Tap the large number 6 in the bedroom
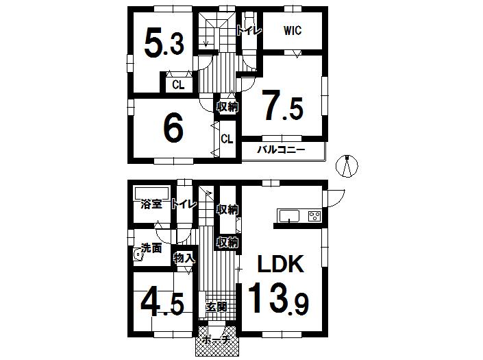[172, 128]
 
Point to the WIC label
[292, 31]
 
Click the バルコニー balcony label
[280, 149]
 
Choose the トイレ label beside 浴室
[184, 204]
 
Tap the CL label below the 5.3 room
[177, 85]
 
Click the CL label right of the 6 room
[227, 139]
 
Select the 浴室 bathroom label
[151, 204]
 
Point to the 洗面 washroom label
[151, 248]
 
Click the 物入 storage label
[184, 259]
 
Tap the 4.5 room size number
[162, 302]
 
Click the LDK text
[280, 264]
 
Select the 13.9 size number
[277, 299]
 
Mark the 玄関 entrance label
[216, 307]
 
